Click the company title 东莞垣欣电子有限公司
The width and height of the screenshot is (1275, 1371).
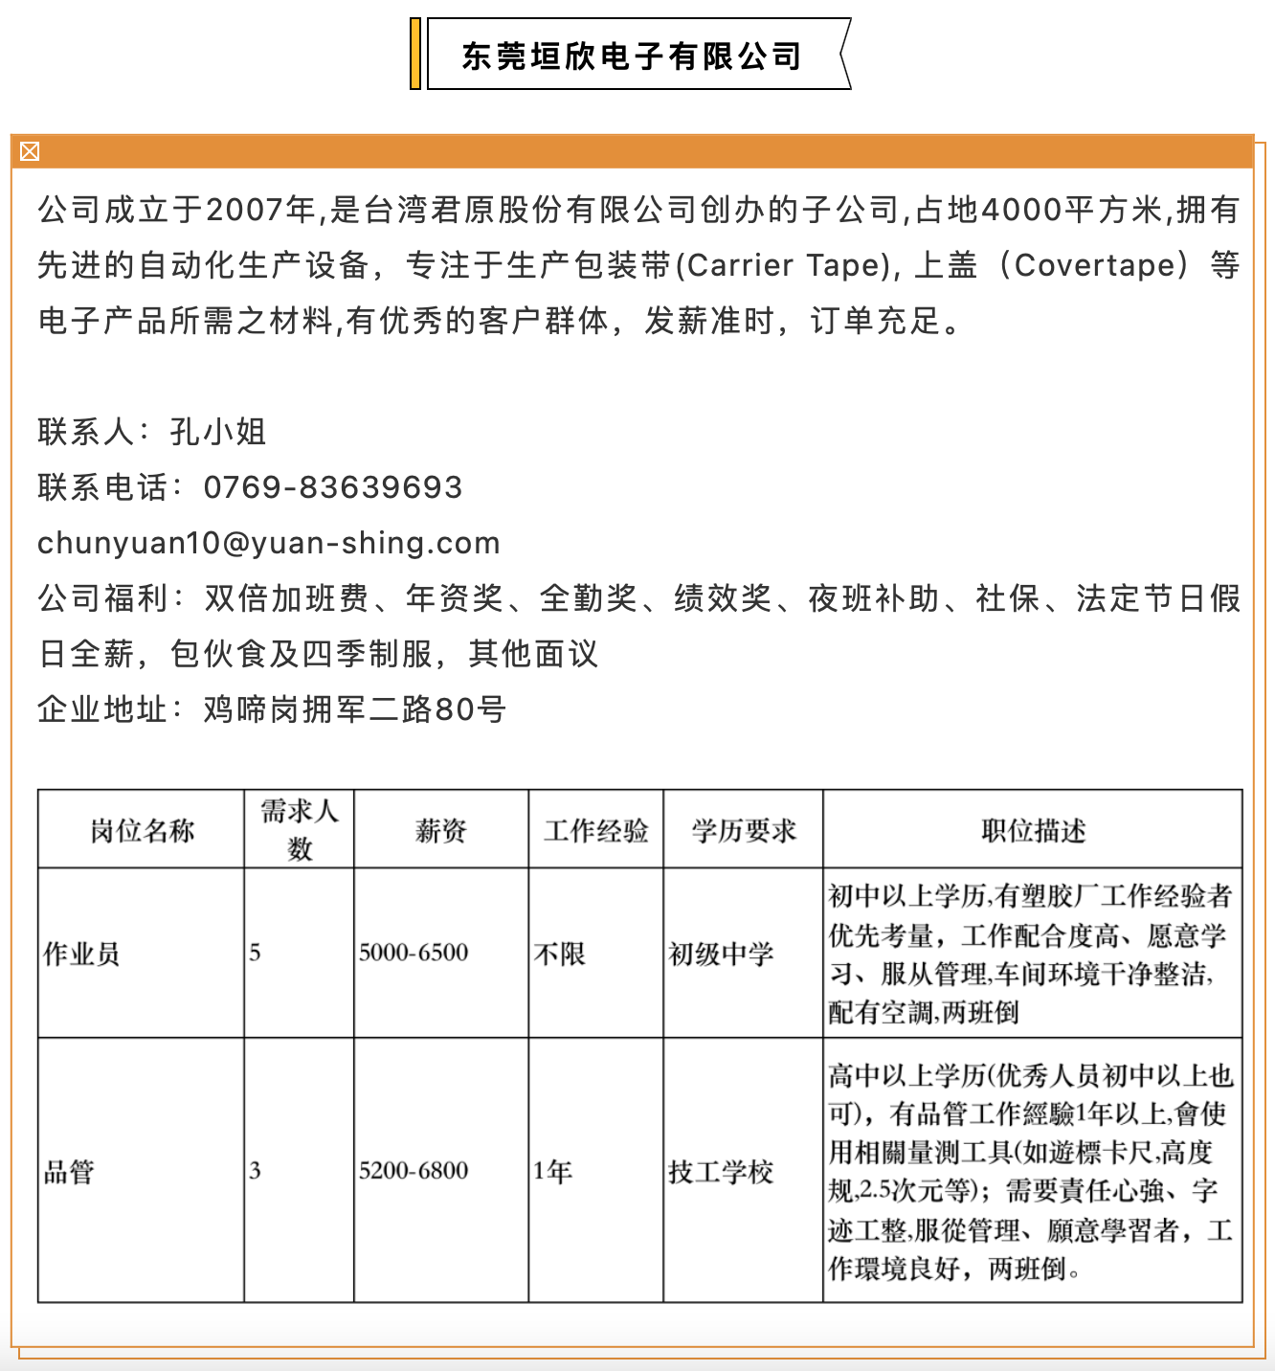[x=632, y=56]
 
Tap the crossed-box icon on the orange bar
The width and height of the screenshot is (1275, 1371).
[x=30, y=151]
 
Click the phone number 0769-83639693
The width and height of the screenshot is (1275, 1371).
[x=333, y=487]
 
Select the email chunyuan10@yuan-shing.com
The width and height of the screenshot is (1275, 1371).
[x=269, y=543]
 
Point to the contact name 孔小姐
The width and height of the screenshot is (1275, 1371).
[x=218, y=432]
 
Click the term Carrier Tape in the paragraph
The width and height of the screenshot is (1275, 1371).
[x=789, y=265]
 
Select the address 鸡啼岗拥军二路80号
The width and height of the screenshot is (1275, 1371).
[x=355, y=709]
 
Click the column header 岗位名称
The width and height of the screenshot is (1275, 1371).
[x=142, y=830]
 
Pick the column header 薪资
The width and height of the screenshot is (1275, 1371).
[x=440, y=830]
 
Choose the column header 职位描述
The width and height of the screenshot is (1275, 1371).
[x=1033, y=830]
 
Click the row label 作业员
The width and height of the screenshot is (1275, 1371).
[x=82, y=954]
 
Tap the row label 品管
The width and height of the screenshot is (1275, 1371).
[x=70, y=1171]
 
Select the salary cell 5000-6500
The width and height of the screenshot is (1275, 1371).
[x=414, y=953]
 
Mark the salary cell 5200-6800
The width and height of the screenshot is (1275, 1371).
[x=414, y=1171]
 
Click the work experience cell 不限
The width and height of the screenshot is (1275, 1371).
[x=560, y=954]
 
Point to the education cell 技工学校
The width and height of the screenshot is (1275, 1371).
[x=721, y=1171]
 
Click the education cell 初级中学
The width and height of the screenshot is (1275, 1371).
[x=721, y=954]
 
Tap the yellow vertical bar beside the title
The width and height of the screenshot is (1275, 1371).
[x=415, y=55]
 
